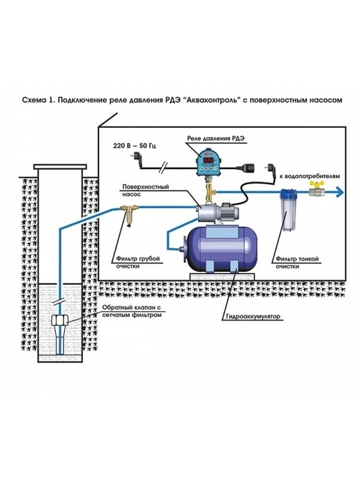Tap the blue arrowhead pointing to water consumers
[339, 193]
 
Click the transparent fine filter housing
[288, 210]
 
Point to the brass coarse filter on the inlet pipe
[129, 215]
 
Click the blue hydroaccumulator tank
[219, 249]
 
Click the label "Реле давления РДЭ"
[216, 139]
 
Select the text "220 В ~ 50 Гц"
[134, 146]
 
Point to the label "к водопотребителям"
[310, 177]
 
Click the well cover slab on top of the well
[60, 167]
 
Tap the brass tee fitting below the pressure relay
[210, 190]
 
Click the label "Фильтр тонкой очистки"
[297, 262]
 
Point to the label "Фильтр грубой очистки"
[138, 262]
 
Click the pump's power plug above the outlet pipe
[269, 174]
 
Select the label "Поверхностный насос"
[146, 190]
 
